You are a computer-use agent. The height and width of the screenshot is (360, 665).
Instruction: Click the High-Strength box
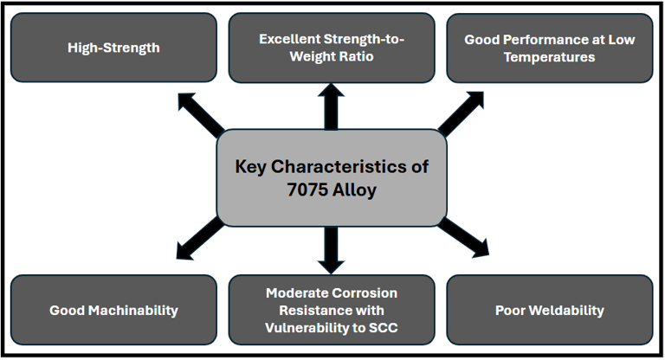pyautogui.click(x=113, y=48)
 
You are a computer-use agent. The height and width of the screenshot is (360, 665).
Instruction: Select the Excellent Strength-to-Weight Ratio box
pyautogui.click(x=332, y=48)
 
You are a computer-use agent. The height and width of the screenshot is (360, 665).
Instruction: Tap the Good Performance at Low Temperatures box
pyautogui.click(x=550, y=48)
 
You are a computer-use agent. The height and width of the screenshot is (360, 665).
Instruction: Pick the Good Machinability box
pyautogui.click(x=113, y=310)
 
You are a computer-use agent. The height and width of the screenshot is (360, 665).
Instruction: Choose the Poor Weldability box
pyautogui.click(x=550, y=310)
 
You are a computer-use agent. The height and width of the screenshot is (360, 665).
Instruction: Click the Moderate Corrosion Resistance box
pyautogui.click(x=332, y=310)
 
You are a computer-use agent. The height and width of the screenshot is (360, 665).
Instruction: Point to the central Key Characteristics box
pyautogui.click(x=332, y=177)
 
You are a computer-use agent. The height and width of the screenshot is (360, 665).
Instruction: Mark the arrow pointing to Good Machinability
pyautogui.click(x=198, y=240)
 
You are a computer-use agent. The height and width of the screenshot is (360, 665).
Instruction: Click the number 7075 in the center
pyautogui.click(x=307, y=189)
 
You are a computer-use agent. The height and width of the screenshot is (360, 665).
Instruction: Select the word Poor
pyautogui.click(x=512, y=310)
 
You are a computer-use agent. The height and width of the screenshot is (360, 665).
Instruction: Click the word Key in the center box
pyautogui.click(x=253, y=166)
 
